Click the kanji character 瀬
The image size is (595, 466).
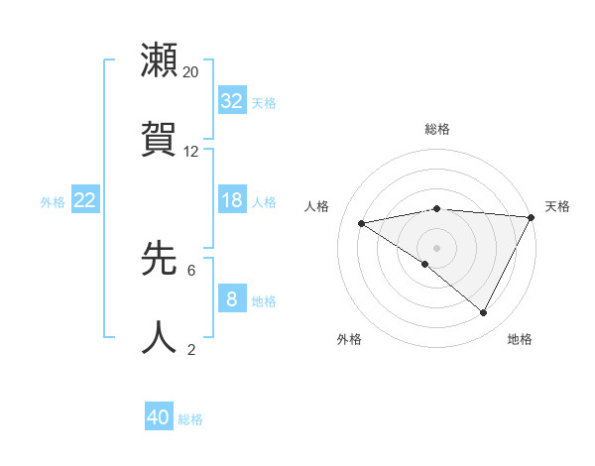pos(160,60)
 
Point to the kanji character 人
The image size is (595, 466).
pos(160,337)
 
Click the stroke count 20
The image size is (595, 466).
pos(191,72)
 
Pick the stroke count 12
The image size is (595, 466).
pos(191,152)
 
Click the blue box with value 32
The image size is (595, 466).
pos(232,101)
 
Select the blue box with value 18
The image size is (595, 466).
pos(232,200)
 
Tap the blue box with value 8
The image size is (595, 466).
pos(232,299)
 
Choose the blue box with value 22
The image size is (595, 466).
pos(85,200)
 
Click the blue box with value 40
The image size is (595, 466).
pos(159,417)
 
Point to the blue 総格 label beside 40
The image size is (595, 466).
pos(191,419)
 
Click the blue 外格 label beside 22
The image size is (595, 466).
pos(53,202)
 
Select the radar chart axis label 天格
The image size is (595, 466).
pos(557,206)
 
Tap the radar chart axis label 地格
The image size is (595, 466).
pos(520,339)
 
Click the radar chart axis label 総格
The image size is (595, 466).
pos(437,129)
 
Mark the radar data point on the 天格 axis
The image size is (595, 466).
pos(532,217)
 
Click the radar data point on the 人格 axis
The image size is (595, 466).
pos(362,223)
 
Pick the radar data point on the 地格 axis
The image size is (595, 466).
pos(484,313)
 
